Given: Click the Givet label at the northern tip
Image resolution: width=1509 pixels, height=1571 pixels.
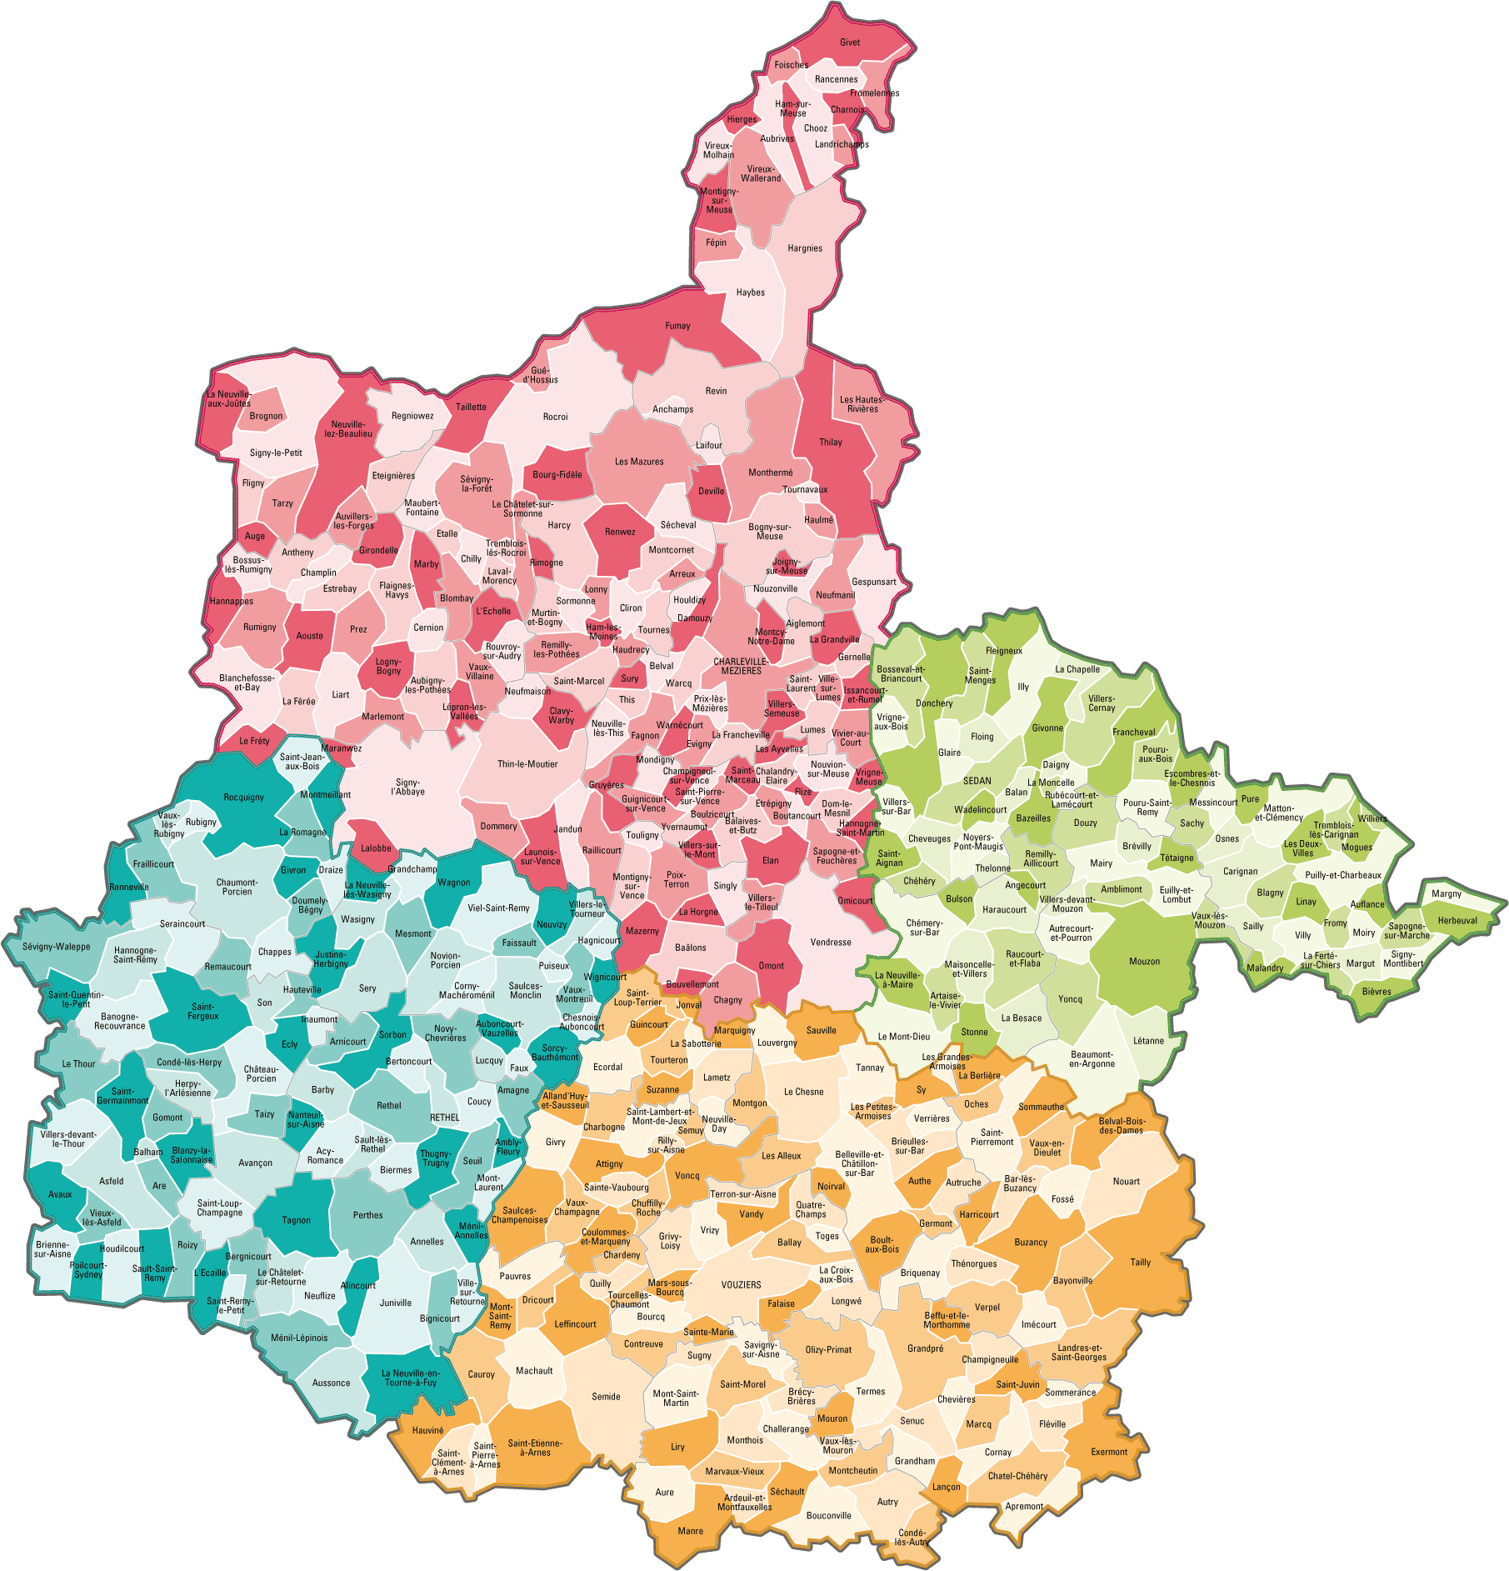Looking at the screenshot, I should (850, 43).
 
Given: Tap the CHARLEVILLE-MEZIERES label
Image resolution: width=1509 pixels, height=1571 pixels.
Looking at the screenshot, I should (741, 666).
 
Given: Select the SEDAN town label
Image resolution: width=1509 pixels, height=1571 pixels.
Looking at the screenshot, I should (977, 781).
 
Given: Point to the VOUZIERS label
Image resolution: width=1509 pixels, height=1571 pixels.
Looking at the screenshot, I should (741, 1284).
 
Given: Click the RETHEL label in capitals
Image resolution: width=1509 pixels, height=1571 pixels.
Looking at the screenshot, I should (444, 1118).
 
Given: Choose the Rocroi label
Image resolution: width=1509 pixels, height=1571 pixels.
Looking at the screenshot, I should (555, 417).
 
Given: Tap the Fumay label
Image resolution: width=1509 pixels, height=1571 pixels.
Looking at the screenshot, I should (677, 326).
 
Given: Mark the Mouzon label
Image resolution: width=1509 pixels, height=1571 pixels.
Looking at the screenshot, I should (1144, 961).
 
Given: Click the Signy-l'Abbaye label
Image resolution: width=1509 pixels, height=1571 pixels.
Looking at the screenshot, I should (407, 787).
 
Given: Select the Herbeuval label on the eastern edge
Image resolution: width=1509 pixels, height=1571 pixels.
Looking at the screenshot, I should (1457, 920).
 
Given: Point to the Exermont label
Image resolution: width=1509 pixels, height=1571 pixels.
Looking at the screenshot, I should (1109, 1452).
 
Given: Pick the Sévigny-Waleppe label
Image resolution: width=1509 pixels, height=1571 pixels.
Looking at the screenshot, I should (57, 947).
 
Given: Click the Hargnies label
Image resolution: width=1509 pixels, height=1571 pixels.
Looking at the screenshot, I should (805, 248).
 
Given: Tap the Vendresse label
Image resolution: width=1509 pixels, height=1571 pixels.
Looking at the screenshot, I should (831, 942).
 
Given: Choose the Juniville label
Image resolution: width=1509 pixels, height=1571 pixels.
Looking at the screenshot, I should (396, 1303).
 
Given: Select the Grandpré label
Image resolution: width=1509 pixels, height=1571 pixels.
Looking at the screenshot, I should (925, 1348).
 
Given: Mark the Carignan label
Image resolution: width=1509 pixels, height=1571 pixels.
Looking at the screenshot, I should (1240, 871).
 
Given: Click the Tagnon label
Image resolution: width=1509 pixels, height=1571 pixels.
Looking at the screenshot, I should (296, 1220).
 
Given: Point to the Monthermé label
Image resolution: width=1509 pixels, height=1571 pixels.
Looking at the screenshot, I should (771, 473).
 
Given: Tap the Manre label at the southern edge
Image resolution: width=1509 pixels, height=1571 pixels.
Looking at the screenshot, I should (691, 1531).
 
